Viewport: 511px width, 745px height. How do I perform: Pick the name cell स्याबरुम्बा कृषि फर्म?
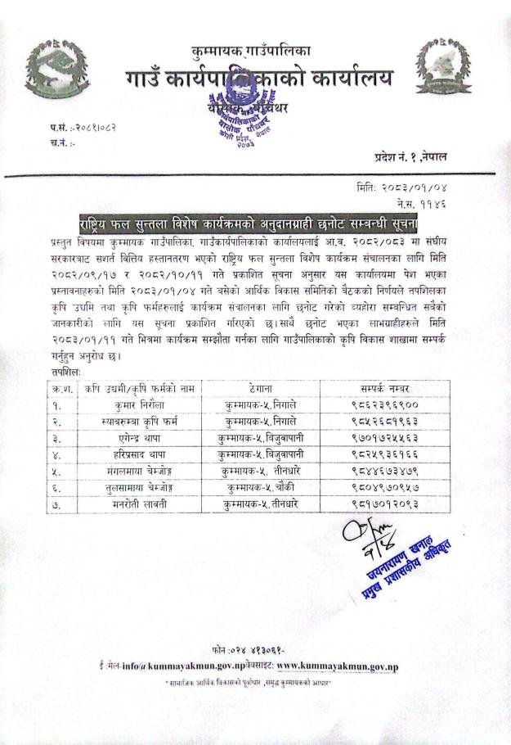pos(138,422)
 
